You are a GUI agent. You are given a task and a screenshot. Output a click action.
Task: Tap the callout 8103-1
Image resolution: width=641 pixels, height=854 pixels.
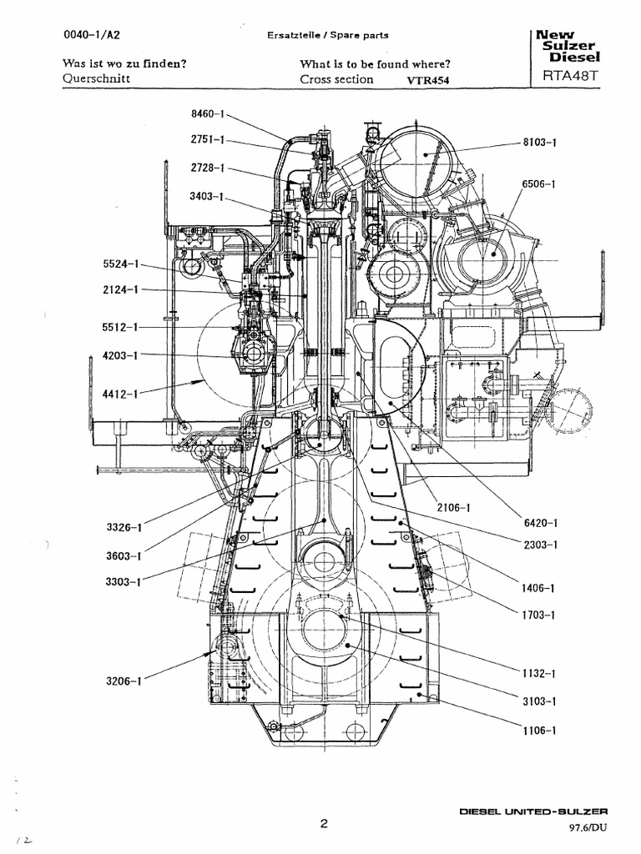(x=539, y=143)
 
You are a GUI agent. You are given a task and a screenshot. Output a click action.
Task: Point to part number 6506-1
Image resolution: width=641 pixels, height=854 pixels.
(x=539, y=183)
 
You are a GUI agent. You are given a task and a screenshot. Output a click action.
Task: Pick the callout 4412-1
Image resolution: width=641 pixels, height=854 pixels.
(x=120, y=391)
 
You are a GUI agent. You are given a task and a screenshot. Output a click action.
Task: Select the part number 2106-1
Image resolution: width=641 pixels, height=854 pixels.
(x=453, y=507)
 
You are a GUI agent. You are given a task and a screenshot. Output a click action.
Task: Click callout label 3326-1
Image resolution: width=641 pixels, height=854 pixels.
(x=124, y=527)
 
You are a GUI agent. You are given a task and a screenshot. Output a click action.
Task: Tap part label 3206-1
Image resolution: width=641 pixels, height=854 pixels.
(x=124, y=681)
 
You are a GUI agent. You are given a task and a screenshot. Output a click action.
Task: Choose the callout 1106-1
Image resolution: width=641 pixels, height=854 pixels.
(x=539, y=731)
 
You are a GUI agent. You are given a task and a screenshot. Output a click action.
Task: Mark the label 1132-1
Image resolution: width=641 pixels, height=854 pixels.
(x=539, y=673)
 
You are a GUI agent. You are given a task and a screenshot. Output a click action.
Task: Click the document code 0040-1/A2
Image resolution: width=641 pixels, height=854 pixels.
(x=90, y=35)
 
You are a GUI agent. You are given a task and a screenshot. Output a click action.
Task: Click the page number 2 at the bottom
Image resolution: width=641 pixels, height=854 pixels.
(x=323, y=824)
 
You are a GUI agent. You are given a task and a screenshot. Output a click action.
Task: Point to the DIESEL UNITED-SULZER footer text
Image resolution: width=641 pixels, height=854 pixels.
(x=535, y=811)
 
